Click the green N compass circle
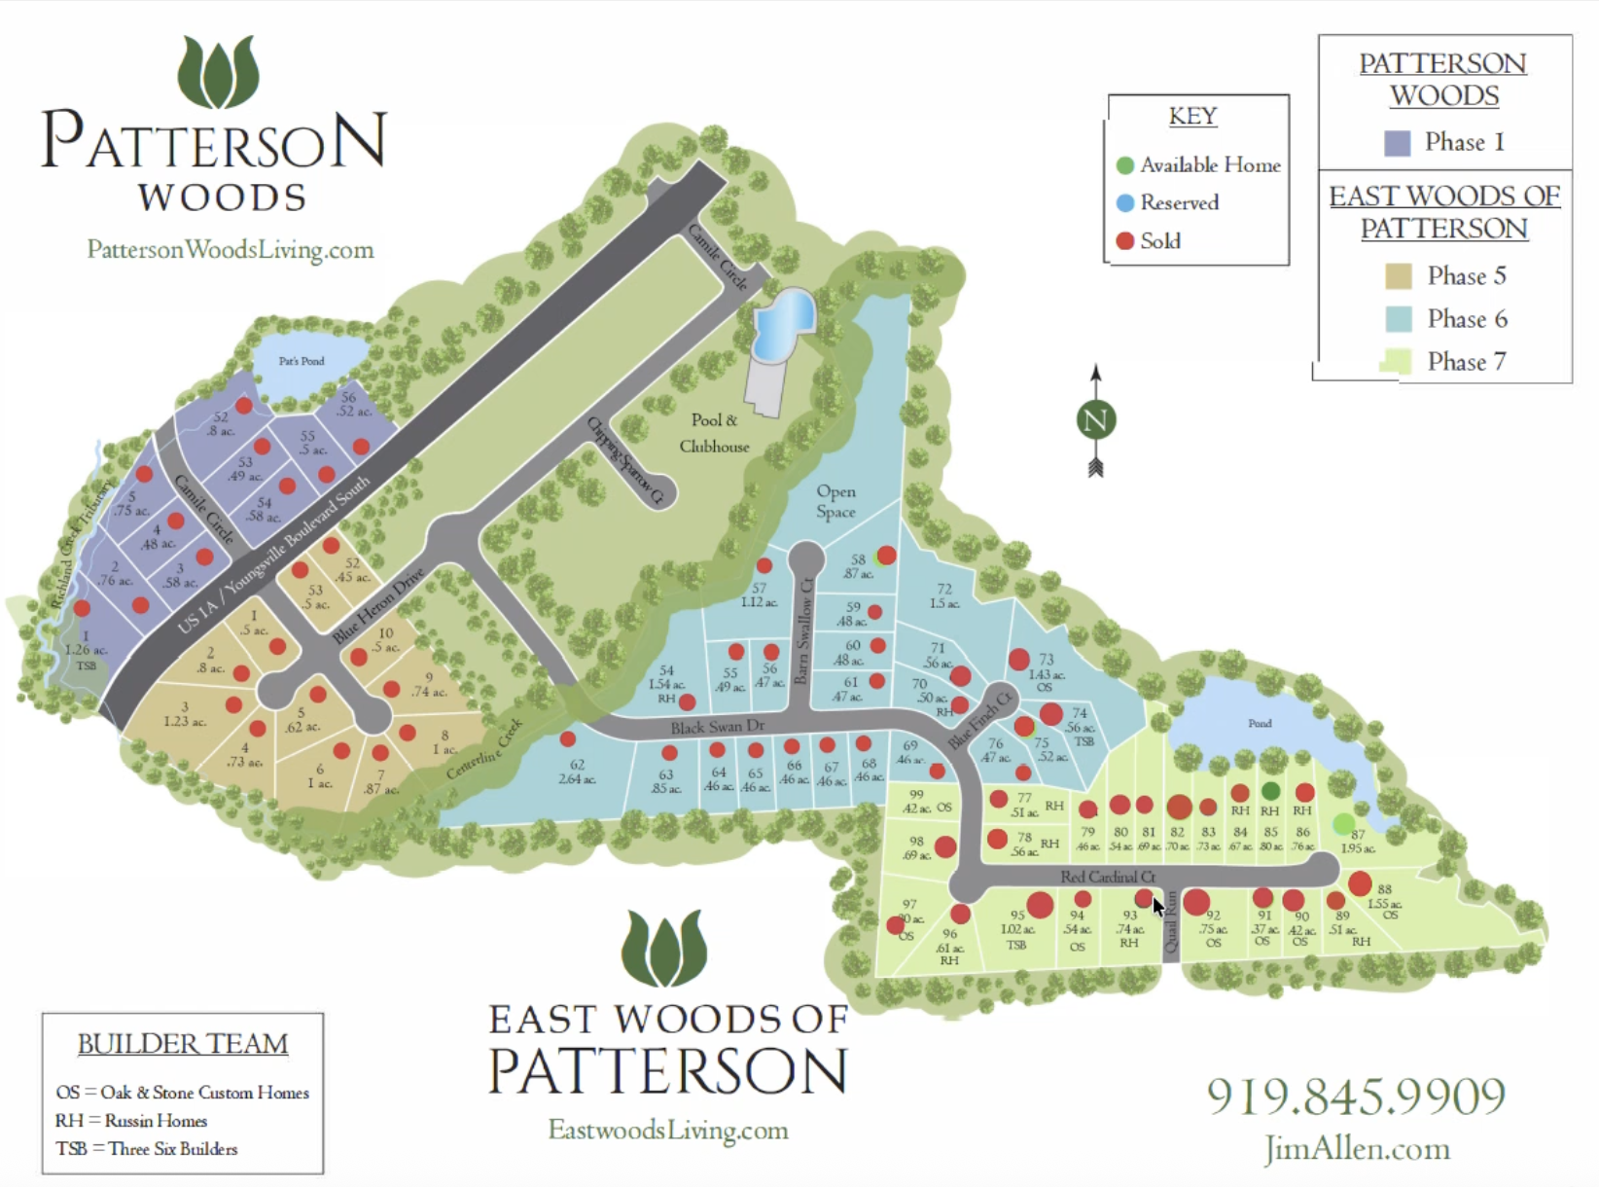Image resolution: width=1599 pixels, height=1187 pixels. click(1095, 420)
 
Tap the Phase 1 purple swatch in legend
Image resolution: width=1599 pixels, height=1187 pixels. click(1397, 143)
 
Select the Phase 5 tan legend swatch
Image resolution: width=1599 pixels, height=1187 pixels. click(1398, 276)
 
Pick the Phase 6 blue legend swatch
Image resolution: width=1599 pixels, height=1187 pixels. click(1398, 319)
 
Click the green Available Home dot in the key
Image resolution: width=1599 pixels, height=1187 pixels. click(1125, 165)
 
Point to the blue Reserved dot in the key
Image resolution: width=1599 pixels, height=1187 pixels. click(1125, 203)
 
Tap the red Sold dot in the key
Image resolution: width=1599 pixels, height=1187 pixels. click(1125, 241)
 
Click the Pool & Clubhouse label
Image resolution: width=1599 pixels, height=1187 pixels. click(714, 433)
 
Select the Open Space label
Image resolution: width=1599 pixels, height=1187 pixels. click(835, 502)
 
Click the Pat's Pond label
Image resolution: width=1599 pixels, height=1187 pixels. click(302, 361)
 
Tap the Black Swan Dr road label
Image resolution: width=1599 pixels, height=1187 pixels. click(717, 727)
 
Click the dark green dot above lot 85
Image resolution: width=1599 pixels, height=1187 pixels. click(1270, 791)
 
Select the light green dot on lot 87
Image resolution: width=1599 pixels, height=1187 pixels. click(1343, 824)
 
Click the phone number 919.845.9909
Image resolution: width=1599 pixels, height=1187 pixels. click(1356, 1097)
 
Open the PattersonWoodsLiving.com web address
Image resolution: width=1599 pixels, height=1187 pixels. click(231, 250)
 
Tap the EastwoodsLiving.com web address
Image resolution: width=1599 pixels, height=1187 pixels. click(668, 1131)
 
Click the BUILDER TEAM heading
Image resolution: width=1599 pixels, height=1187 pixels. click(183, 1044)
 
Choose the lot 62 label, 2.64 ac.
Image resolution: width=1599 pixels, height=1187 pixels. click(577, 772)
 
